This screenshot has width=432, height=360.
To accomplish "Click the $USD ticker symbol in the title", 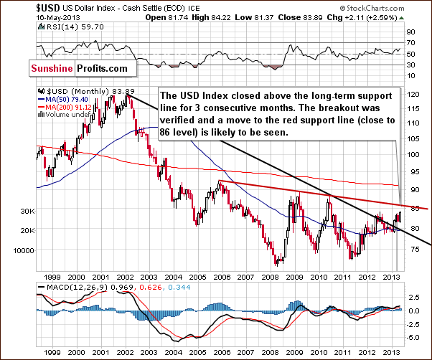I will point(17,7).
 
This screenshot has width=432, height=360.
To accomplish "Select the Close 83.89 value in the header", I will point(318,16).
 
